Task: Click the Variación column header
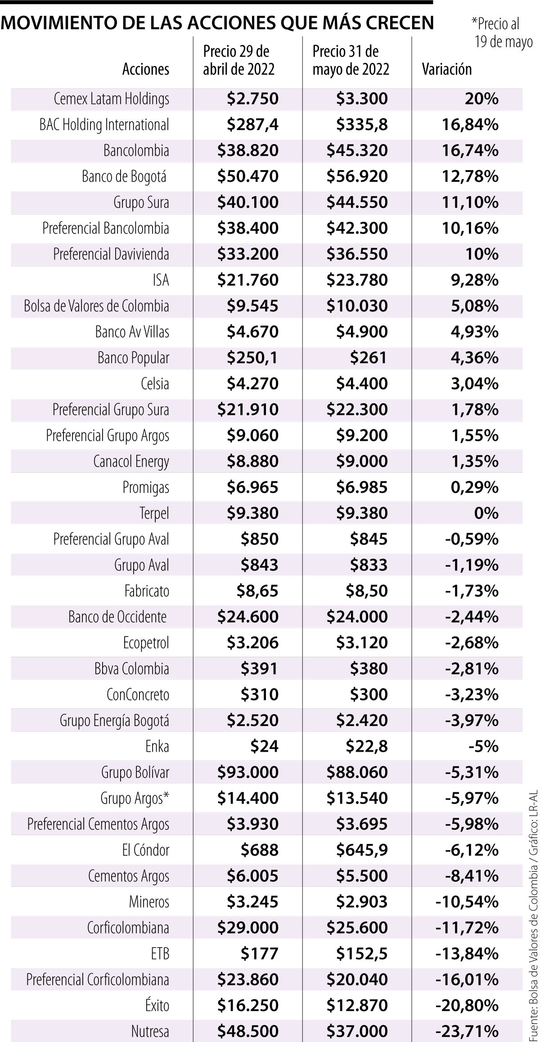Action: pyautogui.click(x=446, y=69)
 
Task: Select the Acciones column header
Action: pyautogui.click(x=146, y=69)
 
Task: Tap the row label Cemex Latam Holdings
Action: pyautogui.click(x=111, y=99)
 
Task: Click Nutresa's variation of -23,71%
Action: pyautogui.click(x=467, y=1031)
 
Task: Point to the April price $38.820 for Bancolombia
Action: pyautogui.click(x=247, y=150)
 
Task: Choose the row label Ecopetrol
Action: pyautogui.click(x=146, y=642)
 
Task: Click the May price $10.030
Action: pyautogui.click(x=357, y=306)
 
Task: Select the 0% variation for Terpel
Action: pyautogui.click(x=486, y=513)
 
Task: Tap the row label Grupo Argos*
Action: pyautogui.click(x=135, y=798)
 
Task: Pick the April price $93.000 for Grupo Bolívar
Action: pyautogui.click(x=247, y=772)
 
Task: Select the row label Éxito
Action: pyautogui.click(x=157, y=1005)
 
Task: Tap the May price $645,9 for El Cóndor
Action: pyautogui.click(x=361, y=850)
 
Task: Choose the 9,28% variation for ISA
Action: pyautogui.click(x=474, y=280)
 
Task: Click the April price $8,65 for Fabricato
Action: pyautogui.click(x=257, y=591)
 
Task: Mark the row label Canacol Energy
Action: pyautogui.click(x=131, y=461)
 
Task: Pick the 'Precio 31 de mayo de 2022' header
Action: pyautogui.click(x=351, y=60)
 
